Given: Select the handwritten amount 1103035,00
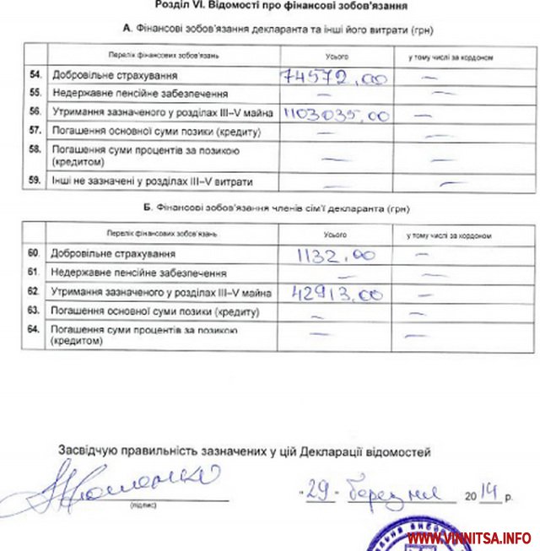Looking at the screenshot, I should click(337, 114).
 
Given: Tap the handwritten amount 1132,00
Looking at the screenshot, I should click(336, 255).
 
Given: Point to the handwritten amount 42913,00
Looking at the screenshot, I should click(337, 294).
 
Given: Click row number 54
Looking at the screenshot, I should click(35, 76).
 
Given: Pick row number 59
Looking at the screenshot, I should click(35, 181).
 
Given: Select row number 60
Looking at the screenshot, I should click(34, 253).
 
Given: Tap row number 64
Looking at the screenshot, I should click(34, 330).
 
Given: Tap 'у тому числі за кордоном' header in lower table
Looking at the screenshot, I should click(448, 235).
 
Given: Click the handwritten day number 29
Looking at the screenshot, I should click(318, 491).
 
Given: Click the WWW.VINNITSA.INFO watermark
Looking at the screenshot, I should click(470, 537).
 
